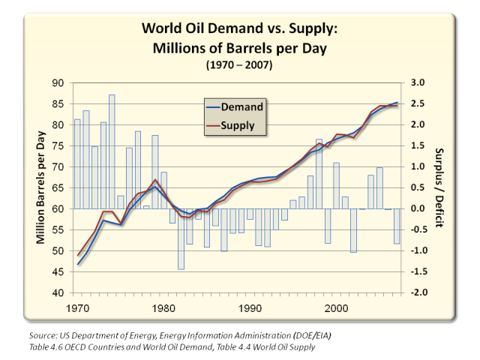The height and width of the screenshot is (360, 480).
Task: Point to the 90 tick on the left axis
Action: [59, 82]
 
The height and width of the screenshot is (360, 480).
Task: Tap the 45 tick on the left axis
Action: [59, 271]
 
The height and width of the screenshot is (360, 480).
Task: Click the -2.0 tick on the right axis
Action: [418, 292]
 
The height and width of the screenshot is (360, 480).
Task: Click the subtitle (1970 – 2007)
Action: [239, 65]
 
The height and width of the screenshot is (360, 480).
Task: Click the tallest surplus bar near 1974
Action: [112, 150]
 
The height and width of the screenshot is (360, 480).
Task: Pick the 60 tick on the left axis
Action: [59, 208]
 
